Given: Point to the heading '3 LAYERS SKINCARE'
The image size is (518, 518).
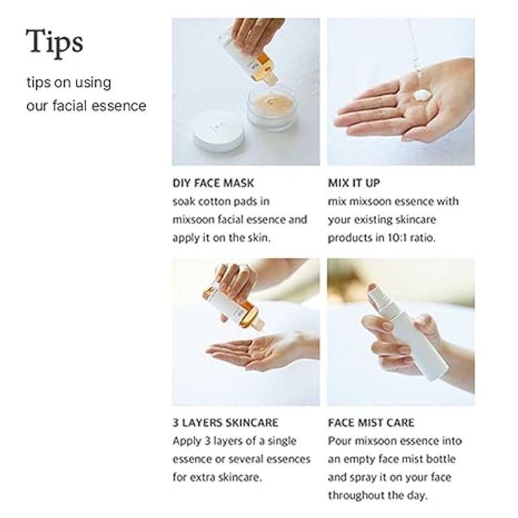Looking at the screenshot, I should pos(225,423).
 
